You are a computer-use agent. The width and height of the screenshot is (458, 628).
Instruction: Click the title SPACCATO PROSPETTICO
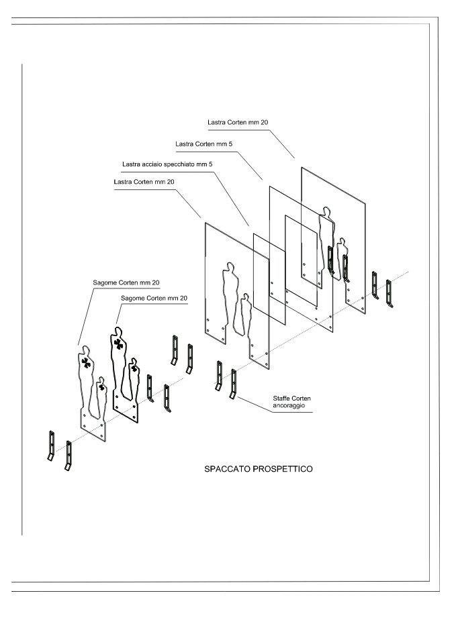pyautogui.click(x=259, y=468)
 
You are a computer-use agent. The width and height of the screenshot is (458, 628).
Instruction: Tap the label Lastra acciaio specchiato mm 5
pyautogui.click(x=167, y=164)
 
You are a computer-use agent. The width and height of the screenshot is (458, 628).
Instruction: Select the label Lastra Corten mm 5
pyautogui.click(x=203, y=144)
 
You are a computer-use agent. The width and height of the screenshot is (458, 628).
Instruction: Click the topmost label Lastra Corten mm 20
pyautogui.click(x=238, y=122)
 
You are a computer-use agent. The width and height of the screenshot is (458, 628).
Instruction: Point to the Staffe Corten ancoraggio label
pyautogui.click(x=291, y=402)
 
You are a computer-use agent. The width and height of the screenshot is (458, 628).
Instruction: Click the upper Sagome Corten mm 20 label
pyautogui.click(x=126, y=282)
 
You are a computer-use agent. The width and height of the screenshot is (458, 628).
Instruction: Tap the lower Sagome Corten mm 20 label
pyautogui.click(x=154, y=298)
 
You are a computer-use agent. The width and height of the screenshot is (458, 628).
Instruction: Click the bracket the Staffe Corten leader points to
pyautogui.click(x=232, y=384)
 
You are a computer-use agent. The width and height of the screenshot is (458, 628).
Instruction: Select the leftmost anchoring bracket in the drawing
pyautogui.click(x=51, y=446)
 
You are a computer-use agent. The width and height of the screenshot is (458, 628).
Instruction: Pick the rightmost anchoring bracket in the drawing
pyautogui.click(x=389, y=294)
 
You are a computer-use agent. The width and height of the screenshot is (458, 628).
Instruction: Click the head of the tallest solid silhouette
pyautogui.click(x=117, y=331)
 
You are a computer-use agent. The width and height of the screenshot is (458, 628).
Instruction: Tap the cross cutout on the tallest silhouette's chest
pyautogui.click(x=118, y=344)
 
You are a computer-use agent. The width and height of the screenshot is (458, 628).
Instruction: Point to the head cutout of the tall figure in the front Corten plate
pyautogui.click(x=230, y=267)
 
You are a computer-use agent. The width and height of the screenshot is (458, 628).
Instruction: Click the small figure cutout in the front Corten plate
pyautogui.click(x=246, y=315)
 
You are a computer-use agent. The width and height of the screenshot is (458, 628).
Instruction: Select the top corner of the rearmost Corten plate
pyautogui.click(x=302, y=168)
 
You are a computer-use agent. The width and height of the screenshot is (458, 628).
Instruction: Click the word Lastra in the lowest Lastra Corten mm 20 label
pyautogui.click(x=123, y=182)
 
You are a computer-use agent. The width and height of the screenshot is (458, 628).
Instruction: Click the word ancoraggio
pyautogui.click(x=289, y=406)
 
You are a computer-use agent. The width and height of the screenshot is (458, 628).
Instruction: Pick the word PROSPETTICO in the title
pyautogui.click(x=283, y=468)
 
